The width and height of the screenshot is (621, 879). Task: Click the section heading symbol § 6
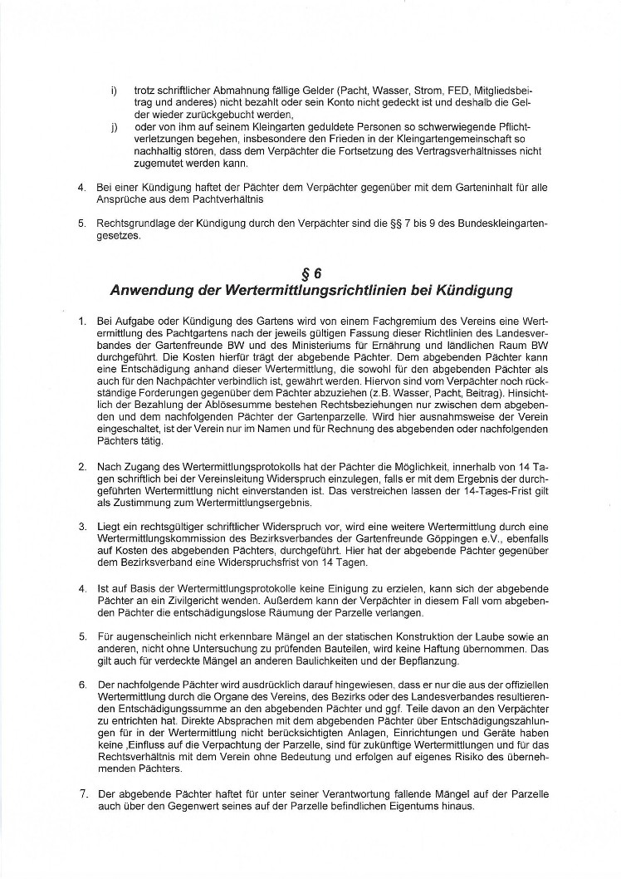(x=310, y=273)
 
